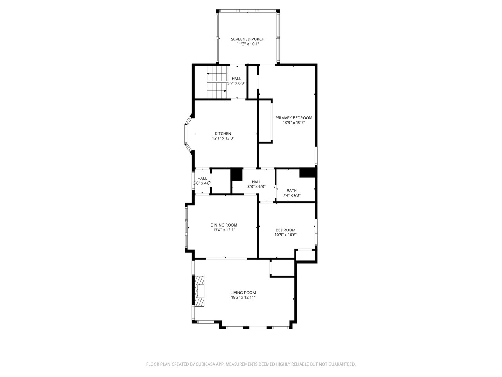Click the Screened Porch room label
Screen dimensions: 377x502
(x=247, y=39)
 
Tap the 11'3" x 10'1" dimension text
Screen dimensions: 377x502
(x=247, y=44)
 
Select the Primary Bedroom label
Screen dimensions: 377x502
(x=294, y=118)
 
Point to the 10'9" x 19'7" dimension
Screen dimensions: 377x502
(x=294, y=123)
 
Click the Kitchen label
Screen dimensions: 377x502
(x=223, y=134)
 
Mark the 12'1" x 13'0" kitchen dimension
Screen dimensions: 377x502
(x=223, y=138)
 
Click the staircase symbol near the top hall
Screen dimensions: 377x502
(x=217, y=82)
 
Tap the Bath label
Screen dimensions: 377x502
(x=291, y=191)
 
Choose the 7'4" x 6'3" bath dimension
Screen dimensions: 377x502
(x=291, y=196)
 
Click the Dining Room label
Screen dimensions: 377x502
(x=224, y=225)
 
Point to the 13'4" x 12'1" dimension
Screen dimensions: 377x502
(x=224, y=230)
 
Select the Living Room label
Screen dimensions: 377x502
(x=243, y=293)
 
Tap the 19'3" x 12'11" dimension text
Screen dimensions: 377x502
(x=243, y=298)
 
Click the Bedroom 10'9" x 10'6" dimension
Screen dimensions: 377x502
(x=286, y=235)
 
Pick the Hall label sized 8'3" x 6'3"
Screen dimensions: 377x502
(x=256, y=182)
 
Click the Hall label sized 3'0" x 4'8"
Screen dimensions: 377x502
(x=202, y=179)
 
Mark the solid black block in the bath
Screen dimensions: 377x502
(x=307, y=172)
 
